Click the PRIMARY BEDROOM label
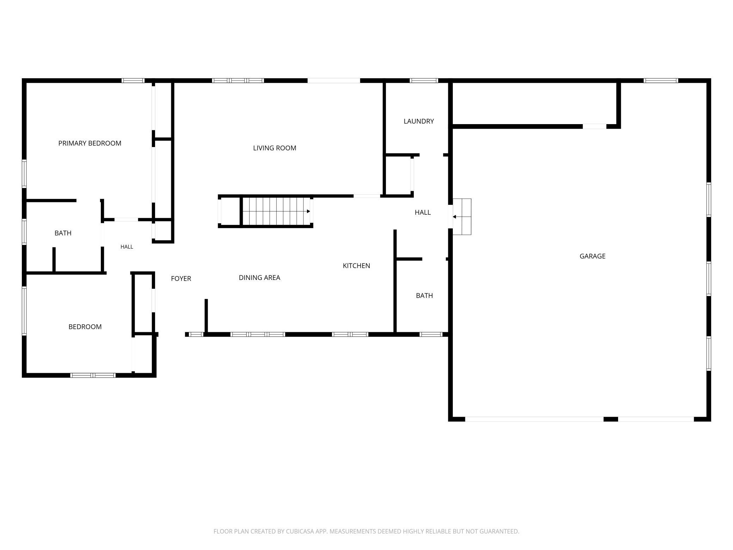(x=90, y=143)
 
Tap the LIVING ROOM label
(x=275, y=148)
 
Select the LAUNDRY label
(x=419, y=121)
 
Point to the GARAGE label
(x=592, y=256)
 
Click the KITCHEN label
(x=356, y=266)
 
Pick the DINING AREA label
(x=259, y=278)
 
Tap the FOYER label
(x=181, y=279)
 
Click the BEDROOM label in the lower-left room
(x=85, y=327)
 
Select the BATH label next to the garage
(x=424, y=296)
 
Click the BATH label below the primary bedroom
(x=63, y=233)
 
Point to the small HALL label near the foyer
(x=127, y=247)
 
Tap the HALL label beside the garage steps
(x=423, y=212)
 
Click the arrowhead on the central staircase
(x=308, y=211)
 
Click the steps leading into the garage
(x=462, y=217)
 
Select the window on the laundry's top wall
(x=424, y=81)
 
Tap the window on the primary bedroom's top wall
(x=133, y=81)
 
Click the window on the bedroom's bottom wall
(x=93, y=375)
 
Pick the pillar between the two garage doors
(x=611, y=419)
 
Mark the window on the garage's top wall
(x=661, y=81)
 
